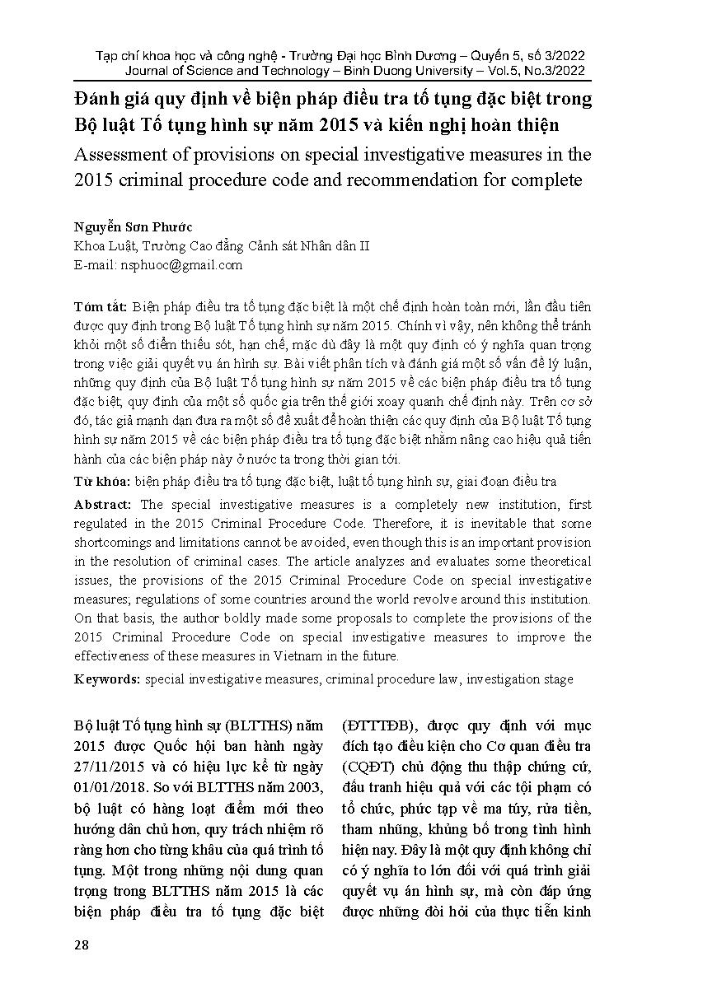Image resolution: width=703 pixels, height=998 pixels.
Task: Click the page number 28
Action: (81, 944)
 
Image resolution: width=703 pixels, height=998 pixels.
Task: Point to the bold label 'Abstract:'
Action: (102, 504)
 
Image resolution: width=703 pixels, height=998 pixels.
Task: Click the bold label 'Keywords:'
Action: (107, 679)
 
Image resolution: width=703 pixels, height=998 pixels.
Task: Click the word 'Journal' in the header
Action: (145, 71)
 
